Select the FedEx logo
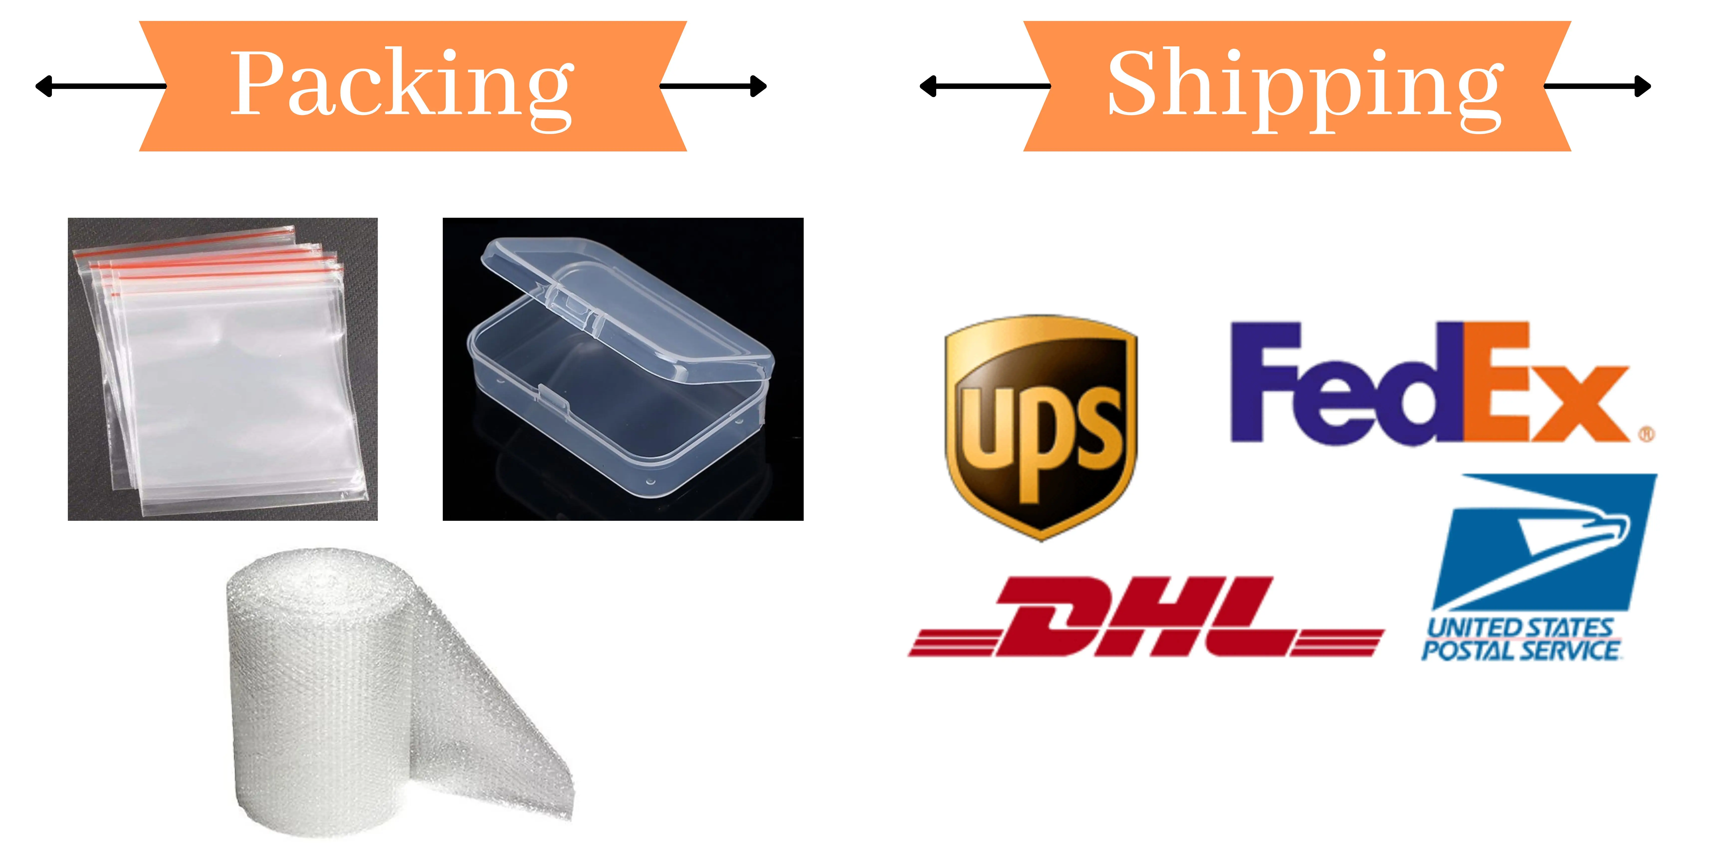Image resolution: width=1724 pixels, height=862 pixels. tap(1432, 385)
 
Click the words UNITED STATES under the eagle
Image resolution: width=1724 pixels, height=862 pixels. tap(1519, 628)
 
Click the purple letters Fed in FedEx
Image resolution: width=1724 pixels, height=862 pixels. tap(1345, 385)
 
